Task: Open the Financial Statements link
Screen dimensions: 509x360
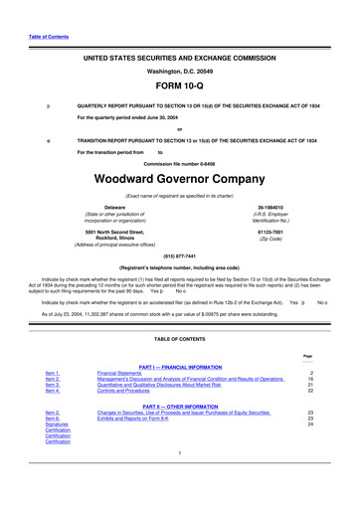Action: [x=139, y=372]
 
